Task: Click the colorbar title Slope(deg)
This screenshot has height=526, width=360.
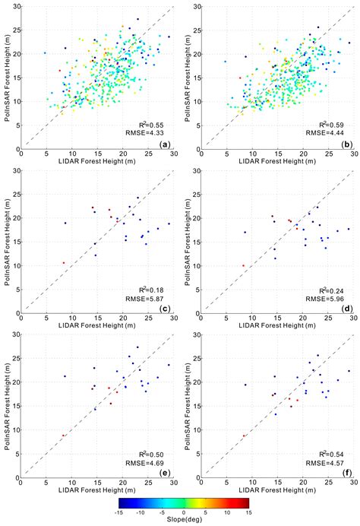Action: click(x=179, y=521)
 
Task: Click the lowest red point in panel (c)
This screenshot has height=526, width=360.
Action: click(x=64, y=263)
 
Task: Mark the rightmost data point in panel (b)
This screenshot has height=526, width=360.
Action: click(x=349, y=43)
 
